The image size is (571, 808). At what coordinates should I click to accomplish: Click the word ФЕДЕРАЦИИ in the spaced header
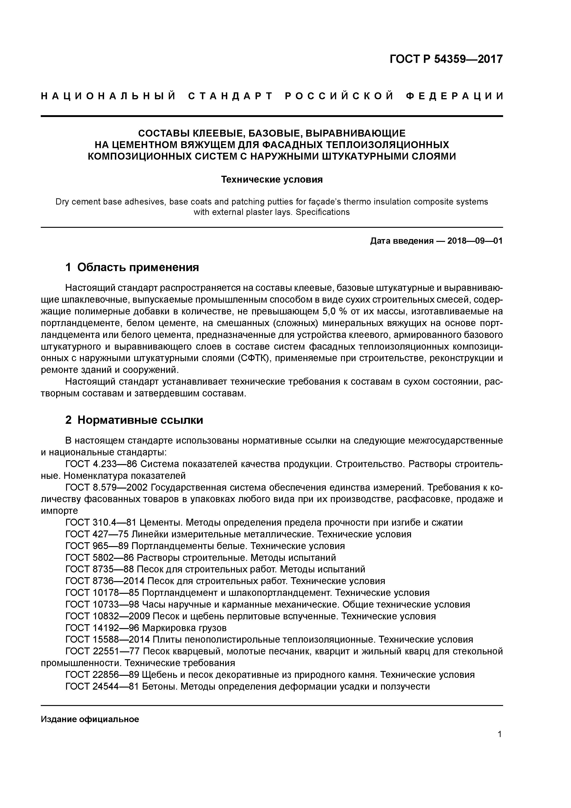click(x=454, y=96)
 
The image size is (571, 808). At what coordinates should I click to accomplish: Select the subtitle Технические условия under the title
click(x=272, y=179)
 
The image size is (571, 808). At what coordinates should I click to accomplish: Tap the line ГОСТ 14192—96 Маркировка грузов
click(x=146, y=628)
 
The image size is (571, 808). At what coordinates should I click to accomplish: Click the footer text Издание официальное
click(x=90, y=719)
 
